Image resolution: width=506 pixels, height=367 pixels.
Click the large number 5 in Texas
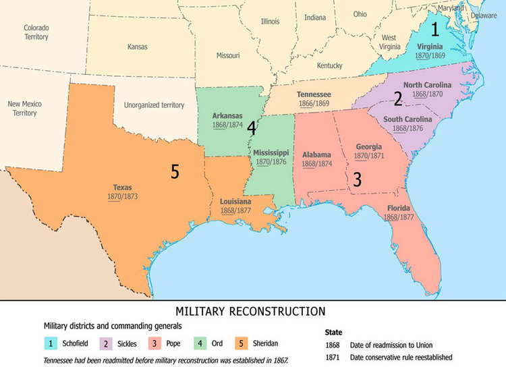coord(175,172)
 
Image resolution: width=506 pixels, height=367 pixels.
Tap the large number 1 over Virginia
coord(435,29)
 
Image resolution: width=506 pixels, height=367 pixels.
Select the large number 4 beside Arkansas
coord(252,126)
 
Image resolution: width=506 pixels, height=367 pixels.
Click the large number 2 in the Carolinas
coord(398,99)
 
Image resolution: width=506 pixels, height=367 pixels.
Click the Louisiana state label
coord(235,202)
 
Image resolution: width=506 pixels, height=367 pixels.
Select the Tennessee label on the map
coord(314,94)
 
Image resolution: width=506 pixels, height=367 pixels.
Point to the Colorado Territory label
coord(36,32)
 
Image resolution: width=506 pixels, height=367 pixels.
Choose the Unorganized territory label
coord(154,105)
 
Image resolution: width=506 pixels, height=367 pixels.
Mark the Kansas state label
coord(138,47)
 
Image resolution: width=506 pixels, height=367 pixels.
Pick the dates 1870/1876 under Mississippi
coord(271,162)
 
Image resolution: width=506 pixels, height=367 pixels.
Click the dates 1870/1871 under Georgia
coord(368,156)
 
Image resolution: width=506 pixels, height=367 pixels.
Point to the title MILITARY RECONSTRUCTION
coord(250,311)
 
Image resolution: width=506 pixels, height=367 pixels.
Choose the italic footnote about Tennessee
coord(166,360)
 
